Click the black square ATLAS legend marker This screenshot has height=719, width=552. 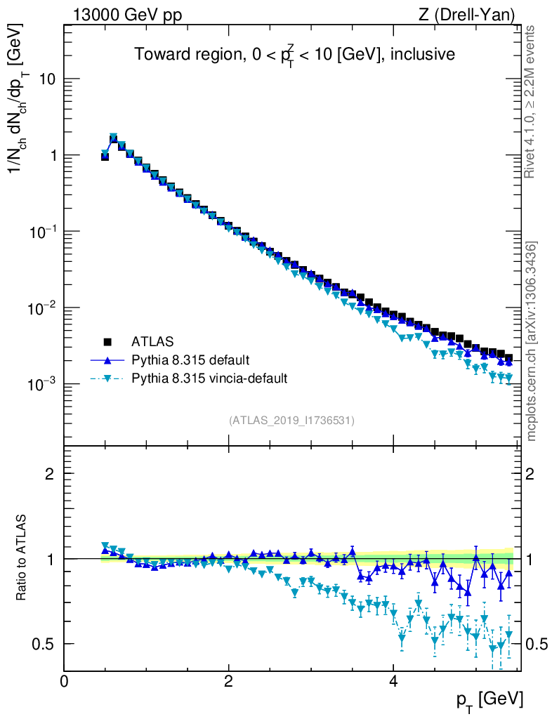point(108,342)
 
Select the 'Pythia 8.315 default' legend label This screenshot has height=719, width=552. point(190,360)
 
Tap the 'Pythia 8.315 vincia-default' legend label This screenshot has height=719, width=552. point(209,378)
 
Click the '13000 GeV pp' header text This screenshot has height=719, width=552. point(126,15)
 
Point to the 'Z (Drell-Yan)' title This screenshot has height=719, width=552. point(467,15)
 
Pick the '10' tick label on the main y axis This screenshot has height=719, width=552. point(46,79)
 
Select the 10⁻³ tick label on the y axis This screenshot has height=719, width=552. point(41,384)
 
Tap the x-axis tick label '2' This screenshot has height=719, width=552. point(228,680)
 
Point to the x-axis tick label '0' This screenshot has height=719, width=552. point(64,680)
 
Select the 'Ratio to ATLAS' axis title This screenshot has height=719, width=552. point(22,558)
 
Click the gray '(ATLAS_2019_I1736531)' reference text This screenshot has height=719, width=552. point(291,421)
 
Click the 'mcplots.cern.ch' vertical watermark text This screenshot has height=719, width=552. point(532,341)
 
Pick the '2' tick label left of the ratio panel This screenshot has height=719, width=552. point(51,474)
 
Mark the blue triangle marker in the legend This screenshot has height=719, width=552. point(108,360)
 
